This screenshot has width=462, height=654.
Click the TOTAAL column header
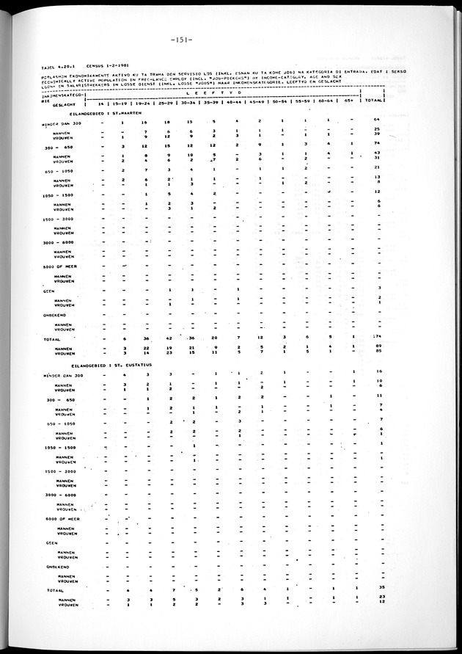point(376,99)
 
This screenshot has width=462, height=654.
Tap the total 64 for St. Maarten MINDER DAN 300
point(378,120)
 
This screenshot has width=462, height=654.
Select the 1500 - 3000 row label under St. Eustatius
point(59,470)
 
